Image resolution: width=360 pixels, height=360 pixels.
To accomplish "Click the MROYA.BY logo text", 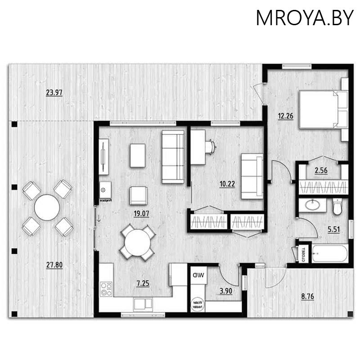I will coord(305,18).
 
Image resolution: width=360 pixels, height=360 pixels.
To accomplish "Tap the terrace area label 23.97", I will coord(54,93).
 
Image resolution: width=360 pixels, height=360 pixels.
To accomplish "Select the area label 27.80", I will coord(54,265).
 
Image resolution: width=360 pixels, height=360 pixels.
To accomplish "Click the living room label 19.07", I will coord(141,214).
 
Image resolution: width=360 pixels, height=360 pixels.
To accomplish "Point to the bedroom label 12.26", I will coord(285,116).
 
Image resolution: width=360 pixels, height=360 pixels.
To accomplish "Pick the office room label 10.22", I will coord(227,184).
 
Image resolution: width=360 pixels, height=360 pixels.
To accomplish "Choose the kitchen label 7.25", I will coord(144,283).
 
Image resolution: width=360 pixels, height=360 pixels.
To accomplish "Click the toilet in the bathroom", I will coord(337,207).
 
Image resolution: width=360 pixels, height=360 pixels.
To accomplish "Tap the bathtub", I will coord(329,253).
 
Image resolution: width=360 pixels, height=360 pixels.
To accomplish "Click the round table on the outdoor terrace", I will coord(47,207).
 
